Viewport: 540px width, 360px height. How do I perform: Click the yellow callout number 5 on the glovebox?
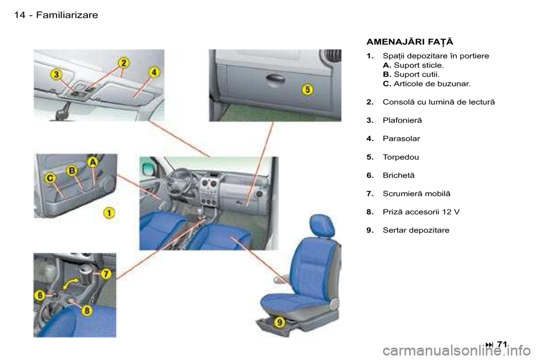pyautogui.click(x=308, y=90)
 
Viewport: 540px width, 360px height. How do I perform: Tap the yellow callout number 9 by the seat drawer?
pyautogui.click(x=280, y=322)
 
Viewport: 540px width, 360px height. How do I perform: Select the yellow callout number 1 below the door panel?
pyautogui.click(x=110, y=213)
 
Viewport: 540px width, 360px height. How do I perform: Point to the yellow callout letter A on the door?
pyautogui.click(x=93, y=162)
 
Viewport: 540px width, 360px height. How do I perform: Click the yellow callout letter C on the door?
pyautogui.click(x=50, y=178)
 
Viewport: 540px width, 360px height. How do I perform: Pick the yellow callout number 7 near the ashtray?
pyautogui.click(x=106, y=274)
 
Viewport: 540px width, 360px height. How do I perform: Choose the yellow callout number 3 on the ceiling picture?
pyautogui.click(x=57, y=75)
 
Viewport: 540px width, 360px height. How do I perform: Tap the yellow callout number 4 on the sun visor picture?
pyautogui.click(x=154, y=73)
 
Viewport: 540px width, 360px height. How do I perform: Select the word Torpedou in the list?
pyautogui.click(x=401, y=157)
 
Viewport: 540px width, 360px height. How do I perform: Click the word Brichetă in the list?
pyautogui.click(x=399, y=175)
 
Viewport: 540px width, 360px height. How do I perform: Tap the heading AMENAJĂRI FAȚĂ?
pyautogui.click(x=410, y=42)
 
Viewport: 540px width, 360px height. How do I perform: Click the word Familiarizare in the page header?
pyautogui.click(x=67, y=15)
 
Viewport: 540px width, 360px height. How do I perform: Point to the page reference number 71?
pyautogui.click(x=502, y=344)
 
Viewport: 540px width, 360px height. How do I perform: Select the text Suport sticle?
pyautogui.click(x=418, y=65)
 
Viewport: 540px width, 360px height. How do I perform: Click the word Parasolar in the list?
pyautogui.click(x=401, y=138)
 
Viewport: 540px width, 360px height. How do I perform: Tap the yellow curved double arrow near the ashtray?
pyautogui.click(x=70, y=284)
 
